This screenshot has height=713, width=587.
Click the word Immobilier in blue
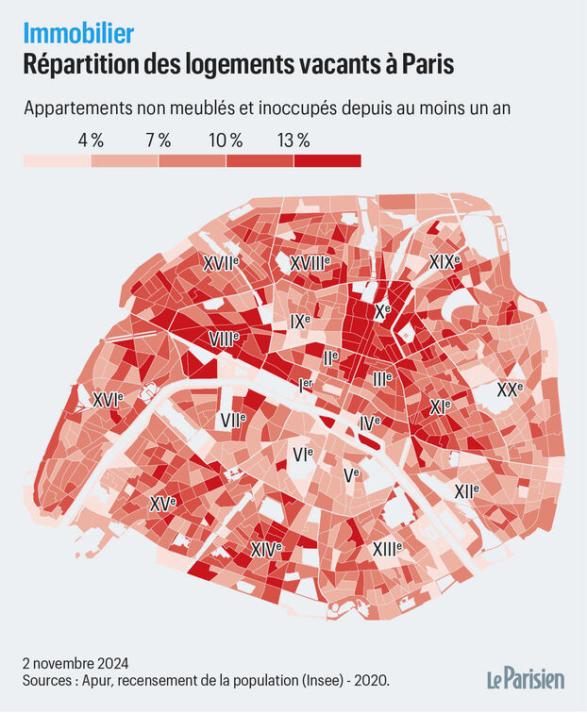coord(78,33)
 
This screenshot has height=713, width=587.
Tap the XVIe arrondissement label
coord(108,400)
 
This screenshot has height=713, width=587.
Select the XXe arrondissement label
coord(510,389)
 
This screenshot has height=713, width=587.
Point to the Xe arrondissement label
coord(382,310)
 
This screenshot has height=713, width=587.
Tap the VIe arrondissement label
coord(303,455)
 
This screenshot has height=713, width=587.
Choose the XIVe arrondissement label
coord(266,548)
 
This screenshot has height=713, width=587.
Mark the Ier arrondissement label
coord(305,385)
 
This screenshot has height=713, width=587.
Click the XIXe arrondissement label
coord(444,261)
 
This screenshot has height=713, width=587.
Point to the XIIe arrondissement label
coord(466,490)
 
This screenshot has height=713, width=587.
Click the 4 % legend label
coord(91,140)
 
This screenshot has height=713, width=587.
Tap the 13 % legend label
coord(293,140)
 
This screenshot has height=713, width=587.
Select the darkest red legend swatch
coord(327,161)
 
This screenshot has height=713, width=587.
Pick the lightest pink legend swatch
coord(57,161)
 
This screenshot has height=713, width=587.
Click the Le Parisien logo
coord(526,678)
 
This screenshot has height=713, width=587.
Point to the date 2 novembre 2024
coord(76,661)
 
